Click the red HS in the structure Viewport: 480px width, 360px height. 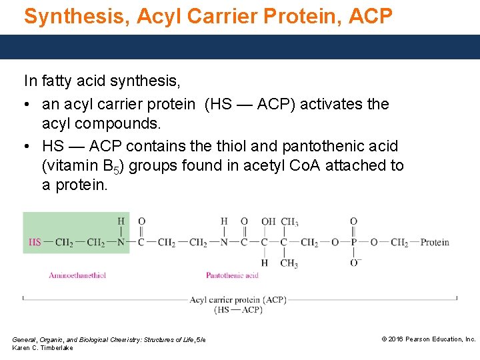[x=35, y=242]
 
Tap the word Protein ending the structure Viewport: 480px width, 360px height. [x=435, y=242]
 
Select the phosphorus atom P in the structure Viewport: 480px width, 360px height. [x=353, y=242]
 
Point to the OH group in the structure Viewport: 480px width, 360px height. [x=269, y=221]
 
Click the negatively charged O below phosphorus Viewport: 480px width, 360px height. [x=354, y=263]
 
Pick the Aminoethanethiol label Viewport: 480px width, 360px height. [x=77, y=275]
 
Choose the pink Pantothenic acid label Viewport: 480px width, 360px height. [x=232, y=275]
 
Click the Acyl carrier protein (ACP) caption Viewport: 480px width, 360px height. [x=238, y=300]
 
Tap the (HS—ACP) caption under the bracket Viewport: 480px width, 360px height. [x=238, y=310]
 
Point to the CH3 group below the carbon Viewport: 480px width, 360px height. [x=289, y=263]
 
